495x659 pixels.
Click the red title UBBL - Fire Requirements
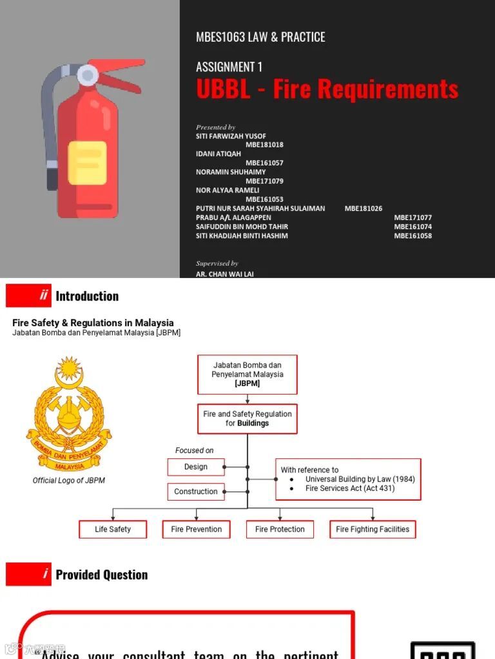[x=327, y=89]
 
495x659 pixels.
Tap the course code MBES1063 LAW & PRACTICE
[x=260, y=37]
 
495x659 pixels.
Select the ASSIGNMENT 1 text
[x=229, y=67]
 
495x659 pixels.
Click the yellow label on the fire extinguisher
[x=87, y=162]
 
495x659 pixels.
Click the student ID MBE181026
[x=363, y=209]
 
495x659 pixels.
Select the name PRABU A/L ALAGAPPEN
[x=233, y=218]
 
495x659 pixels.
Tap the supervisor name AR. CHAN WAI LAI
[x=224, y=274]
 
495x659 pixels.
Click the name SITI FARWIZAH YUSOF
[x=231, y=136]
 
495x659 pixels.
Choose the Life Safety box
[x=113, y=530]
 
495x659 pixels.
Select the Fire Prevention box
[x=197, y=530]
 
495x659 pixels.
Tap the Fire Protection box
[x=280, y=530]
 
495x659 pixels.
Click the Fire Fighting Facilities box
[x=373, y=530]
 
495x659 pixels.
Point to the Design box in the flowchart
[x=196, y=467]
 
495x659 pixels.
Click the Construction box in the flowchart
[x=196, y=492]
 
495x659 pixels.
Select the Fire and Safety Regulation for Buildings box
[x=247, y=419]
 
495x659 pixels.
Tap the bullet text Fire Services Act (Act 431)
[x=350, y=488]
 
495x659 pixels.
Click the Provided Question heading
[x=102, y=575]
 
